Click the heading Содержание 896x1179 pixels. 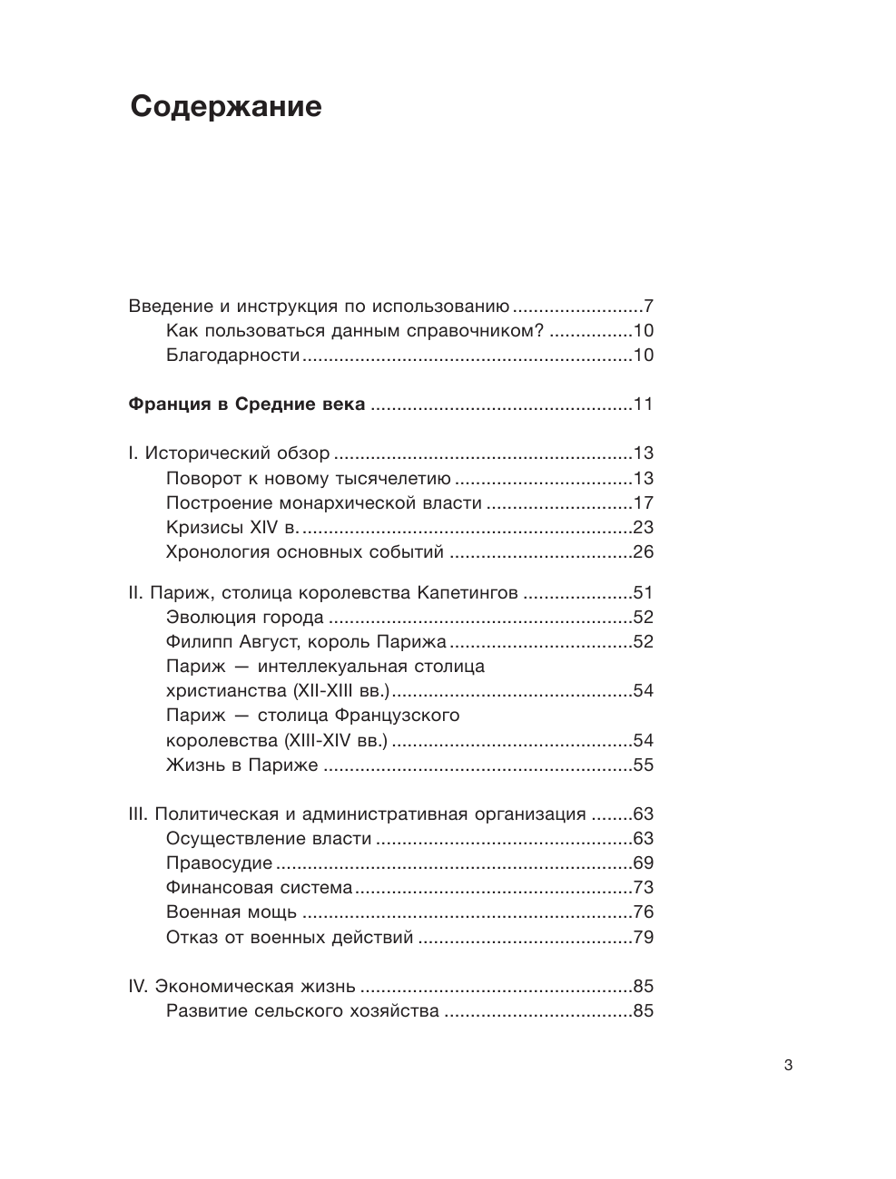tap(225, 107)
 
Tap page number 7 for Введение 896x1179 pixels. tap(648, 306)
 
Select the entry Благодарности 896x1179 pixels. tap(232, 355)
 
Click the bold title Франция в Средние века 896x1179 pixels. tap(247, 404)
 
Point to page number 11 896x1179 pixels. tap(644, 404)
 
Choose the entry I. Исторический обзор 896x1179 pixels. tap(229, 453)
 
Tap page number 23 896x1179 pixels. tap(644, 527)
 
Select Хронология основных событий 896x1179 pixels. tap(305, 551)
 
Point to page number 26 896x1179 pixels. tap(644, 551)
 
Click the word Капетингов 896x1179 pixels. tap(468, 593)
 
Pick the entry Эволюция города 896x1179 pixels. tap(245, 618)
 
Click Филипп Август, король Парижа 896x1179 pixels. tap(306, 642)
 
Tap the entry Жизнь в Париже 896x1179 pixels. tap(242, 765)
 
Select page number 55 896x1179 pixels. tap(644, 765)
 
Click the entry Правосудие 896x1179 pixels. tap(219, 862)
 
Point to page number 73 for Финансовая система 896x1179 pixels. tap(644, 887)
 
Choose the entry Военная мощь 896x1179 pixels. tap(231, 911)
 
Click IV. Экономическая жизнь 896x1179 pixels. tap(241, 986)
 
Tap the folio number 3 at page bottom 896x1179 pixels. tap(788, 1066)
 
